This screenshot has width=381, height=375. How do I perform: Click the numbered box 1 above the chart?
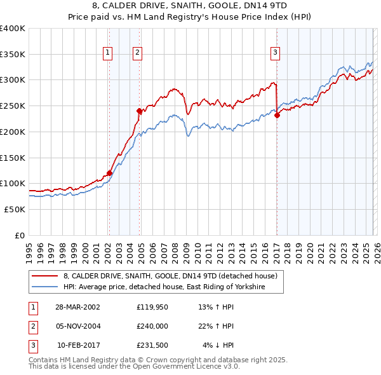(108, 53)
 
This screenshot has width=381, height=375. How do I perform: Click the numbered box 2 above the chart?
(137, 53)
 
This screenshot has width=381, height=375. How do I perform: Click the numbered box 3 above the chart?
(276, 53)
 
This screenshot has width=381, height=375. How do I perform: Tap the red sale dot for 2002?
(109, 173)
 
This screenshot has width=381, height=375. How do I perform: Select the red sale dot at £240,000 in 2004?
(139, 111)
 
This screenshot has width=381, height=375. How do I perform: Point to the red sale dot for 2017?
(277, 115)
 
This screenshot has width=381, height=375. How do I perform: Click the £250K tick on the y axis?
(13, 106)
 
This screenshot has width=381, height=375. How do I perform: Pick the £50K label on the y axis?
(15, 209)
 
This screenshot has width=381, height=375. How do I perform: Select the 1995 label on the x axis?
(29, 246)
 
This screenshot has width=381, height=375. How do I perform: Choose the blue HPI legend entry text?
(164, 287)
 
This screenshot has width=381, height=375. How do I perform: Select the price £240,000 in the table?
(152, 326)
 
